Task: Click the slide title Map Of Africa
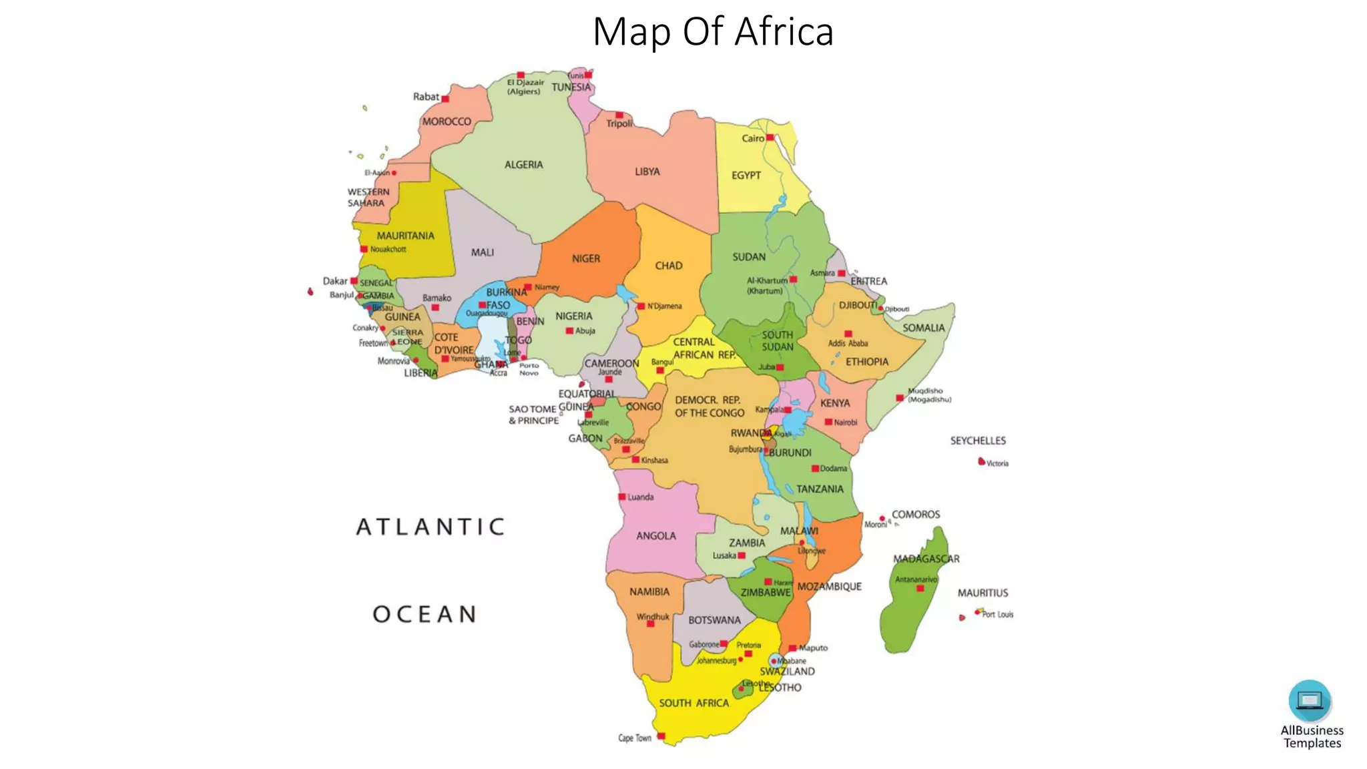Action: pyautogui.click(x=713, y=31)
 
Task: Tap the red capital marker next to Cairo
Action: pyautogui.click(x=770, y=138)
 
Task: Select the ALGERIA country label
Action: pyautogui.click(x=523, y=165)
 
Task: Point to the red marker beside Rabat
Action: pyautogui.click(x=445, y=99)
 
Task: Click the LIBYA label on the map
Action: pyautogui.click(x=647, y=172)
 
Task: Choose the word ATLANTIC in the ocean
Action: pyautogui.click(x=431, y=527)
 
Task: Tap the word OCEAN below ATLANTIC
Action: pyautogui.click(x=425, y=614)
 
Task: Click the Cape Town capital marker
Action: pyautogui.click(x=661, y=736)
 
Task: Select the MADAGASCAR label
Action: pyautogui.click(x=926, y=559)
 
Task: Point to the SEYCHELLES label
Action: pyautogui.click(x=978, y=441)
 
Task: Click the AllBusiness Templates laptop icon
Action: pyautogui.click(x=1309, y=700)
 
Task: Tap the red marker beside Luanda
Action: pyautogui.click(x=621, y=497)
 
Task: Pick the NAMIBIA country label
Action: pyautogui.click(x=649, y=591)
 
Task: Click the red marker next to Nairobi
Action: pyautogui.click(x=828, y=422)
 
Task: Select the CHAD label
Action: pyautogui.click(x=668, y=266)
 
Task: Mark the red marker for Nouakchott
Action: pyautogui.click(x=364, y=249)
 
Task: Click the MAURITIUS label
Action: pyautogui.click(x=983, y=593)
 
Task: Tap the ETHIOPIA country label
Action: pyautogui.click(x=866, y=362)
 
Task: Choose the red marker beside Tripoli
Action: pyautogui.click(x=619, y=115)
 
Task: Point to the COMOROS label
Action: pyautogui.click(x=915, y=515)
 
